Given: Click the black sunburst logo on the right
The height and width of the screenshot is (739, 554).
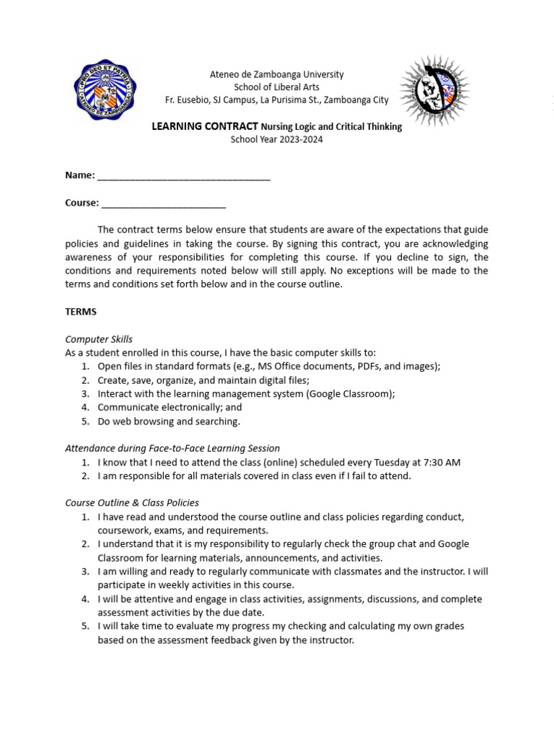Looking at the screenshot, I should tap(435, 92).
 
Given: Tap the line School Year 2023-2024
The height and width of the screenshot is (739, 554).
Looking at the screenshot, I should tap(276, 139).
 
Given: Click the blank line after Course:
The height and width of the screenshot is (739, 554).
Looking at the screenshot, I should tap(164, 203).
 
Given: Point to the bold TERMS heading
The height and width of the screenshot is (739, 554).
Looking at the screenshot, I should tap(81, 312).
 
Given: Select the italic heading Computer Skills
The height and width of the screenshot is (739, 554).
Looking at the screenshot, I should tap(99, 339).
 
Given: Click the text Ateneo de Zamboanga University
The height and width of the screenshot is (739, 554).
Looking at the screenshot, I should tap(276, 74).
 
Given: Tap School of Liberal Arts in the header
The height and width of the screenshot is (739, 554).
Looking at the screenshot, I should tap(276, 87).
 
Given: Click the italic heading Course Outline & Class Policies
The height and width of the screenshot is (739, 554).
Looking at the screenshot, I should tap(132, 503).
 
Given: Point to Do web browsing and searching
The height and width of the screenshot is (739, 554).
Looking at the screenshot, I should tap(169, 421).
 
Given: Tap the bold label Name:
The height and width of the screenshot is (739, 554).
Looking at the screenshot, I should tap(79, 175).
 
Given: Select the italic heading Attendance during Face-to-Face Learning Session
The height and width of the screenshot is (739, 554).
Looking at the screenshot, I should tap(172, 448).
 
